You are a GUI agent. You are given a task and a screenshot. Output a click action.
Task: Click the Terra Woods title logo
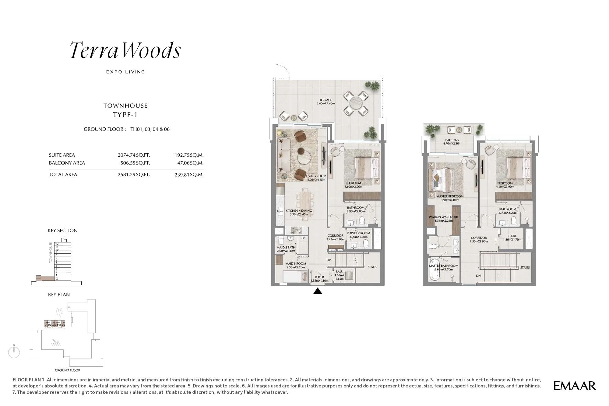(x=125, y=50)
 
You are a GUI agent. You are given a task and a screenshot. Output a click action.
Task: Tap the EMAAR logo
(x=574, y=386)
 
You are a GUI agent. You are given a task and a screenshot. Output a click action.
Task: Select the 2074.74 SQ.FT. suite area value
(x=134, y=155)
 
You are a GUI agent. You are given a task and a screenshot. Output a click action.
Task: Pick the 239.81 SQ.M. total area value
(x=189, y=175)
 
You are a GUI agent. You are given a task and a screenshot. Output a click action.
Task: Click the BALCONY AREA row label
(x=67, y=163)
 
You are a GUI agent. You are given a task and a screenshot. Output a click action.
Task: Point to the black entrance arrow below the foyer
(x=318, y=291)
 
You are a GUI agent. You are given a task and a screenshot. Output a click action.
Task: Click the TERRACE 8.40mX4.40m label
(x=326, y=102)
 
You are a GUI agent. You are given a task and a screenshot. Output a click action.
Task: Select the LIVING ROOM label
(x=316, y=178)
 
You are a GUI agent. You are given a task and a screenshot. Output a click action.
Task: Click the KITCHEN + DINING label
(x=299, y=212)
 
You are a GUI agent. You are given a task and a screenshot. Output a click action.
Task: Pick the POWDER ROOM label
(x=358, y=235)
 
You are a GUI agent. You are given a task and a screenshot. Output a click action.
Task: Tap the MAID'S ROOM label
(x=295, y=265)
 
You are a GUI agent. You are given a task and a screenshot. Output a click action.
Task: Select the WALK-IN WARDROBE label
(x=443, y=219)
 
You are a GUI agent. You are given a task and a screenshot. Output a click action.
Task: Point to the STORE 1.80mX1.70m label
(x=512, y=238)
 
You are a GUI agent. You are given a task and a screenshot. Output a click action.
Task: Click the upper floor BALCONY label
(x=452, y=142)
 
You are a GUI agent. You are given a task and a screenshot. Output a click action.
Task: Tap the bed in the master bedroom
(x=441, y=181)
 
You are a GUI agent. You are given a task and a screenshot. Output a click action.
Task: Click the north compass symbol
(x=14, y=352)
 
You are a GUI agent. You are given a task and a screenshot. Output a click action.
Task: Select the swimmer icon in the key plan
(x=56, y=343)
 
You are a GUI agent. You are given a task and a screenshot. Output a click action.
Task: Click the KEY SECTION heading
(x=62, y=231)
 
